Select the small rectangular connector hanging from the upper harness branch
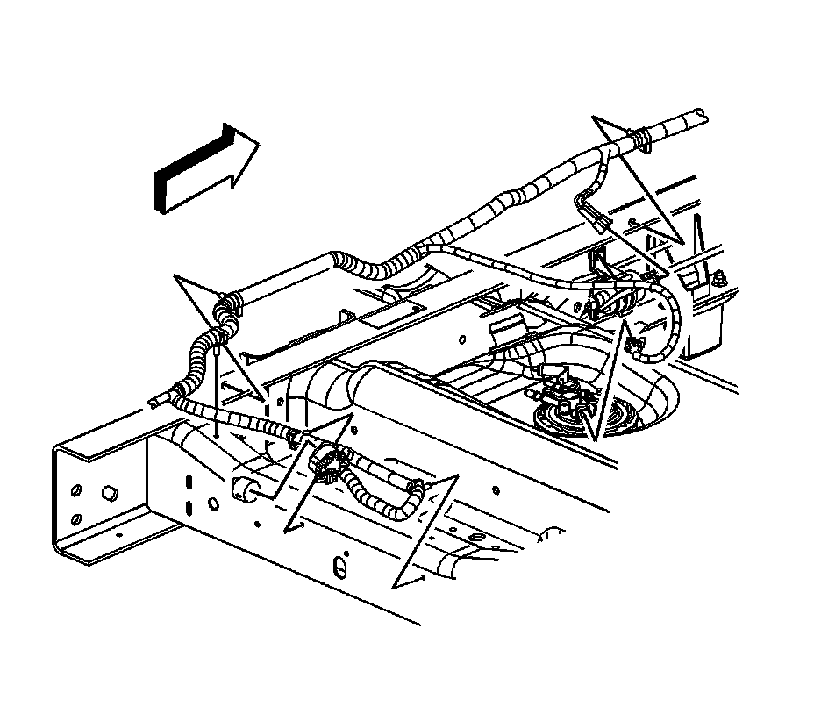(x=601, y=224)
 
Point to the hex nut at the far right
(x=720, y=281)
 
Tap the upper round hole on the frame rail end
(x=77, y=488)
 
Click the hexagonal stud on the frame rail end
(x=109, y=492)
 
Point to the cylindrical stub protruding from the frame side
(x=243, y=489)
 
